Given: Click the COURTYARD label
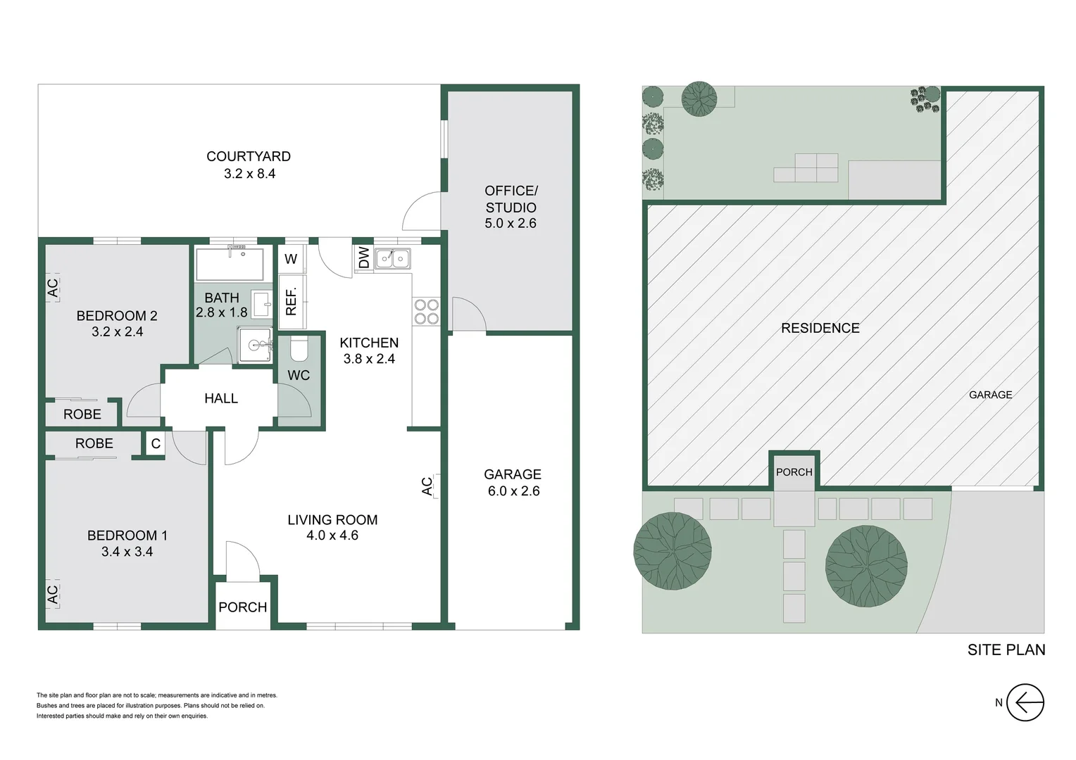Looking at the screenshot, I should tap(248, 156).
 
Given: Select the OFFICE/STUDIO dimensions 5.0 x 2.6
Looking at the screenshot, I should tap(511, 224).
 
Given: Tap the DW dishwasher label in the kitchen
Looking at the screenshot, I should tap(363, 258).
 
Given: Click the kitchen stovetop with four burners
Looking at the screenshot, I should tap(426, 312).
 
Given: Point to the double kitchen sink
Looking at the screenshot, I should tap(392, 259).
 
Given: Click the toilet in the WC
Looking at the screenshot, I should tap(299, 348).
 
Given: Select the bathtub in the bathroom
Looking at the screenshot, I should tap(230, 265).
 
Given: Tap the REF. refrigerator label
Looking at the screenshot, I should tap(292, 301).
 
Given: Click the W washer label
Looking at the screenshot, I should tap(291, 259).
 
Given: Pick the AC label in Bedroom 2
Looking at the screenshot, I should tap(53, 287).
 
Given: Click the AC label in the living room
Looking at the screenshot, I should tap(427, 486).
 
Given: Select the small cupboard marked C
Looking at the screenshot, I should tap(156, 443).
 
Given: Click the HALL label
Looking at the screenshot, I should tap(220, 398).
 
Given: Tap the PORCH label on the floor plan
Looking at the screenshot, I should tap(242, 607).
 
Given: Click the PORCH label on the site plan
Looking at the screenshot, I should tap(794, 472).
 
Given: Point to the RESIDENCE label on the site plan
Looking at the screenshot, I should tap(820, 328).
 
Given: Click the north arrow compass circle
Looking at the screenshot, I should tap(1025, 702).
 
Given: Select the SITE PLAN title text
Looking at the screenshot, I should tap(1006, 650).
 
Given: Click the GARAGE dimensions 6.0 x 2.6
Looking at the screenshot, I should tap(513, 491).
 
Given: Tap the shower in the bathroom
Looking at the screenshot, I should tap(254, 346).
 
